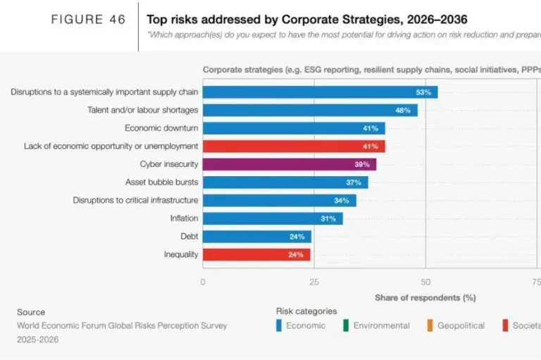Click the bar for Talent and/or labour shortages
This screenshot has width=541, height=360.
click(310, 110)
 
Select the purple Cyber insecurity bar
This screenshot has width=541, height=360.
click(290, 164)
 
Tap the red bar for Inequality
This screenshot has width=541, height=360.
click(256, 254)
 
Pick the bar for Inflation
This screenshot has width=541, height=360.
click(273, 218)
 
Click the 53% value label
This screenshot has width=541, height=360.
click(423, 92)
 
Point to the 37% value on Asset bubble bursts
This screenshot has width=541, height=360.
click(354, 182)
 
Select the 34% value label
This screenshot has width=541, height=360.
click(342, 201)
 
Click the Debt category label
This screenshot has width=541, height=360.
click(189, 237)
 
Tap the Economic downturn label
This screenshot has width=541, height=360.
click(161, 128)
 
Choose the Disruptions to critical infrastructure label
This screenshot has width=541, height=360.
click(135, 200)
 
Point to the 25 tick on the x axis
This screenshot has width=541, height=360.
click(314, 282)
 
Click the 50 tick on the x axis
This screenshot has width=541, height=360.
click(425, 282)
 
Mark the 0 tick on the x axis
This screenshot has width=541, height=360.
click(203, 282)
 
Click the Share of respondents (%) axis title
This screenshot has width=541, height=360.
click(425, 297)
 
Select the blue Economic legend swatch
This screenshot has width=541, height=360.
click(279, 325)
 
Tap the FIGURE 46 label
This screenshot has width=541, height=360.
click(88, 20)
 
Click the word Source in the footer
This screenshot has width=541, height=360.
click(31, 312)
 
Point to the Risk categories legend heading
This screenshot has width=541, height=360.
click(306, 311)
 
